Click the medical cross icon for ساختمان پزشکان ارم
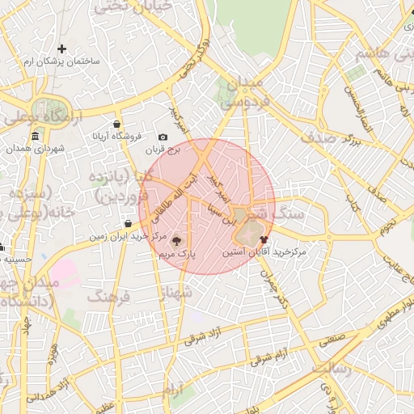(x=61, y=49)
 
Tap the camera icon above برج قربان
(x=163, y=137)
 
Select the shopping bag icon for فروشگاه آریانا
(x=117, y=124)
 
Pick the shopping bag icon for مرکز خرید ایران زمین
(x=128, y=224)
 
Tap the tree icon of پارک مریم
(x=177, y=240)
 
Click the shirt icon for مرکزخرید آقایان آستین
(x=264, y=239)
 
